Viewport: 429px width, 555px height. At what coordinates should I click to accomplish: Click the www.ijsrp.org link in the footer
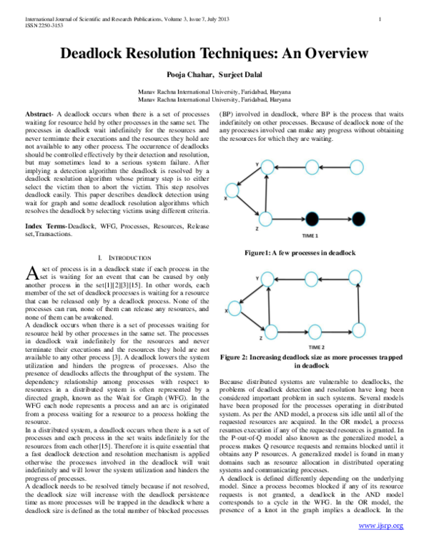[x=381, y=546]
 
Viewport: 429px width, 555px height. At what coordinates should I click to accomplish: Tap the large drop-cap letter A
[x=31, y=272]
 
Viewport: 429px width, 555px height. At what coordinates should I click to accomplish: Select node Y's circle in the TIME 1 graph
[x=265, y=167]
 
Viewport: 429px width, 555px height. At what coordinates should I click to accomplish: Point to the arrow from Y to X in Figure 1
[x=250, y=180]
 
